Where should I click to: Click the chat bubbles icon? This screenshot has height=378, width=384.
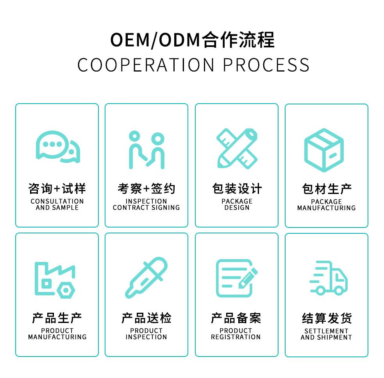[58, 147]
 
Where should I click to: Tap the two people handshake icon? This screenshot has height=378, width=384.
[147, 150]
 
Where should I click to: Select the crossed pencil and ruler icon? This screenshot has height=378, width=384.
[237, 148]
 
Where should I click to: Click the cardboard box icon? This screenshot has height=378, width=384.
[324, 150]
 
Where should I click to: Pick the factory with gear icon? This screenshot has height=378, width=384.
[55, 280]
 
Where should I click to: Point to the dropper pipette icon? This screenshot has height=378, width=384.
[146, 278]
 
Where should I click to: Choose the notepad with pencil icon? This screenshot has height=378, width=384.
[237, 278]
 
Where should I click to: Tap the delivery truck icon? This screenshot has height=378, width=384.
[329, 278]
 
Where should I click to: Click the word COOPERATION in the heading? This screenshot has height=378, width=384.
[146, 65]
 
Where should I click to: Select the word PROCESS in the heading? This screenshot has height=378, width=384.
[266, 65]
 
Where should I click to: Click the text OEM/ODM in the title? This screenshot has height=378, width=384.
[155, 40]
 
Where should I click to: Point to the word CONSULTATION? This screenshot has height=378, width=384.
[57, 201]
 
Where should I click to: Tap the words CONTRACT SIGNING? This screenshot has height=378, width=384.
[146, 208]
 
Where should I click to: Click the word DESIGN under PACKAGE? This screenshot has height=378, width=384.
[237, 208]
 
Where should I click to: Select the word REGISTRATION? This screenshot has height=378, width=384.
[236, 337]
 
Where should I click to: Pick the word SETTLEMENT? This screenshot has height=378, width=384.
[326, 331]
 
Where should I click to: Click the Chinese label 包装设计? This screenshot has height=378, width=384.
[237, 189]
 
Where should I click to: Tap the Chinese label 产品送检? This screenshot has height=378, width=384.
[146, 318]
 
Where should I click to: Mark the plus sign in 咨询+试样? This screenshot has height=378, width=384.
[57, 189]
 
